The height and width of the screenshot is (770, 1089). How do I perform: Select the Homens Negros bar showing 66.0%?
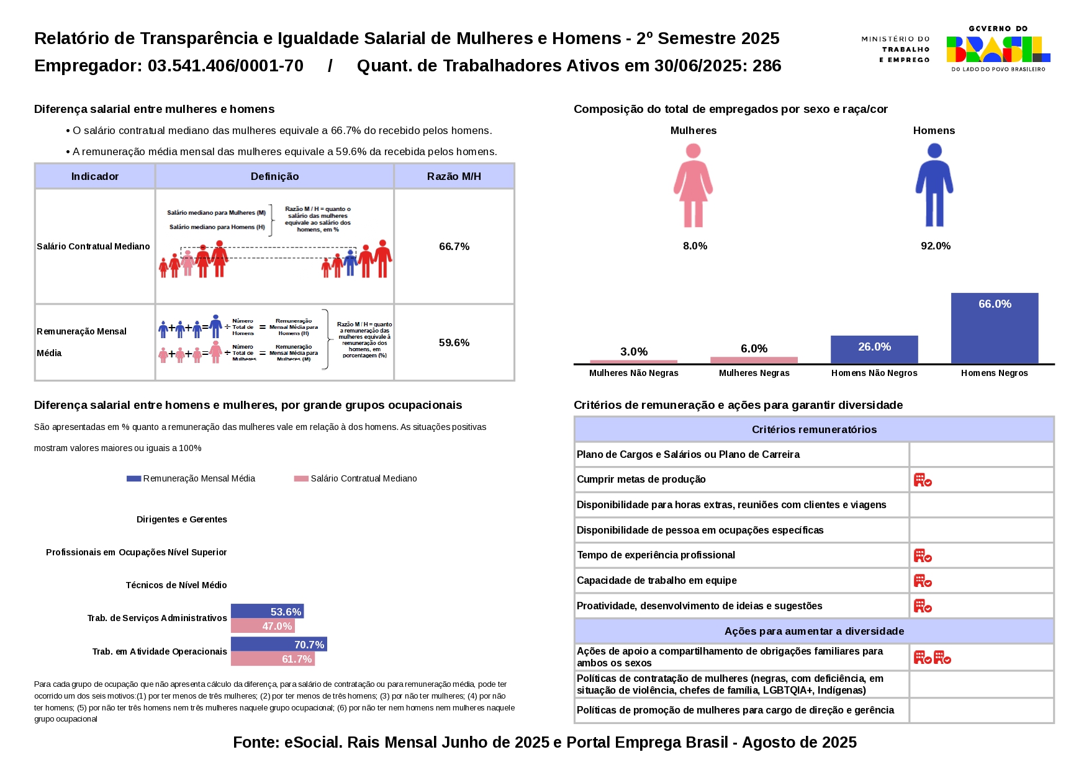(994, 328)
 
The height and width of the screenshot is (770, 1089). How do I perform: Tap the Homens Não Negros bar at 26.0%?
(874, 349)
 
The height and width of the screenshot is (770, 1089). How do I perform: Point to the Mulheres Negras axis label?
(754, 373)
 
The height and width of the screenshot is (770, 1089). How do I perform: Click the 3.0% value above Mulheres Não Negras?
(633, 352)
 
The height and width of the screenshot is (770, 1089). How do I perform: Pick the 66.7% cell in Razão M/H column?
(454, 246)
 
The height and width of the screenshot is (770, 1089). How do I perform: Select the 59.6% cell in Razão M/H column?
(454, 342)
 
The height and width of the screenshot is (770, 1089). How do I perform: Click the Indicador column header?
(94, 176)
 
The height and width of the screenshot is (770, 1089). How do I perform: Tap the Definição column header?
(274, 176)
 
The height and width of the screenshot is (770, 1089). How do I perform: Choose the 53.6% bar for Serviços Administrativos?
(267, 611)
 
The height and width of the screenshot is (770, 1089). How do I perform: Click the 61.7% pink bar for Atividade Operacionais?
(273, 659)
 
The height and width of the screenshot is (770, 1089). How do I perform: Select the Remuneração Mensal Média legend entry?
(191, 478)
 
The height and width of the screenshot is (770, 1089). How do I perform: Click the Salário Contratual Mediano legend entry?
(356, 478)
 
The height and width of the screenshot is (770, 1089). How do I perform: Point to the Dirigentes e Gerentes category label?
(181, 519)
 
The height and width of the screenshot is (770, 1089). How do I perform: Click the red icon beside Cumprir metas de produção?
(923, 480)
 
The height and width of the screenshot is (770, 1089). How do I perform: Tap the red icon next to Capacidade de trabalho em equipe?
(923, 581)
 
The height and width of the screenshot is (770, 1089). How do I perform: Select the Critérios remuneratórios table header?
(814, 429)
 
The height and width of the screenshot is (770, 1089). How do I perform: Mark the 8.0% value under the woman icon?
(695, 246)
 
